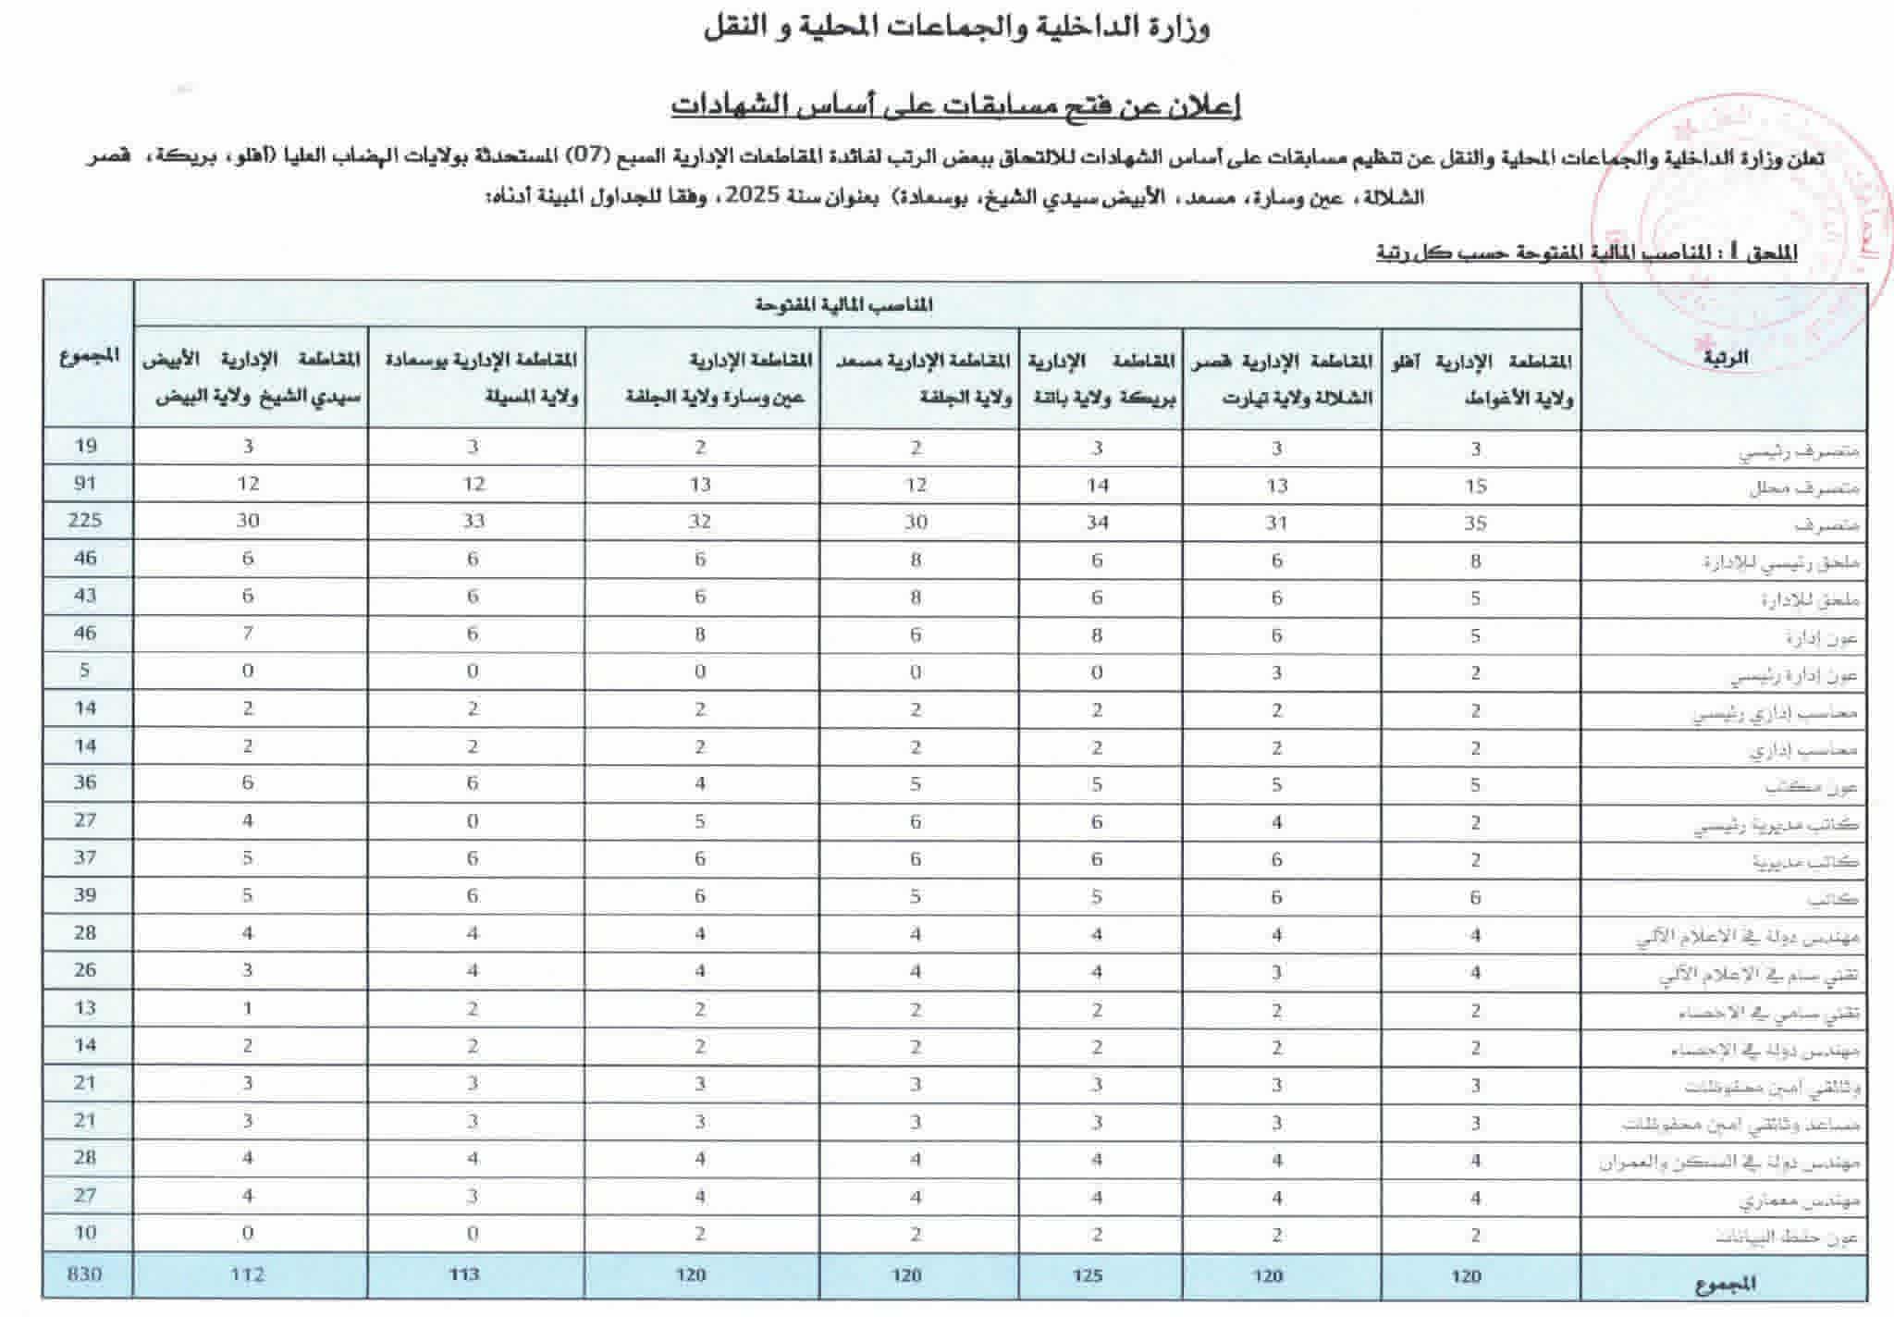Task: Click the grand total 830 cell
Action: pyautogui.click(x=85, y=1274)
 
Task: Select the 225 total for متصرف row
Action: pyautogui.click(x=85, y=520)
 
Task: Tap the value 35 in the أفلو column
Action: pyautogui.click(x=1475, y=523)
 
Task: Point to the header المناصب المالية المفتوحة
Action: pyautogui.click(x=856, y=304)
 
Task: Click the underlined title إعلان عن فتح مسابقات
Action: pyautogui.click(x=955, y=105)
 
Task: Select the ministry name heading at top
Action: pyautogui.click(x=957, y=28)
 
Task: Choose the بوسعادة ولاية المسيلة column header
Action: pyautogui.click(x=477, y=377)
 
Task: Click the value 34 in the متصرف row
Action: pyautogui.click(x=1097, y=522)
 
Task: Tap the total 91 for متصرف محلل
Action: pyautogui.click(x=85, y=483)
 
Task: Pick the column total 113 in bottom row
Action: pyautogui.click(x=464, y=1274)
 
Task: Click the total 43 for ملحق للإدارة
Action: pyautogui.click(x=85, y=596)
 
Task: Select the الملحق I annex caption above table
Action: pyautogui.click(x=1586, y=252)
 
